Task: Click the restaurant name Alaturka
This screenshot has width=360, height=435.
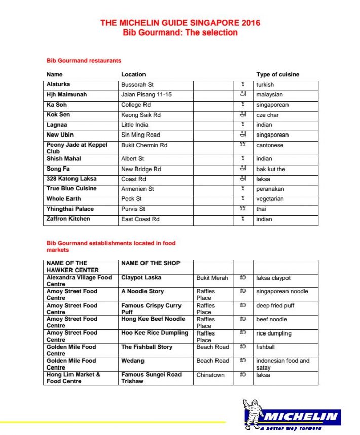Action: pos(58,85)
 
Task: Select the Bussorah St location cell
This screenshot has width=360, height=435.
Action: pos(137,85)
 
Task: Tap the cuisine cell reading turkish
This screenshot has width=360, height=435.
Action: pos(265,85)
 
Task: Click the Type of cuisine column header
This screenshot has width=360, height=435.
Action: pos(277,74)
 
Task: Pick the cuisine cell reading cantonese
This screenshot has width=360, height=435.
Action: pos(270,145)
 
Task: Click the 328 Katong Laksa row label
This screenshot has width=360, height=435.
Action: pos(71,179)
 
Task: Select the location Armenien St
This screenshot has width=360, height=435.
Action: pos(138,189)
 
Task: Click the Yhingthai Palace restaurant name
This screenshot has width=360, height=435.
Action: pos(70,209)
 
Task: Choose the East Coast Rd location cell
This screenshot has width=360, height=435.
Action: pos(140,219)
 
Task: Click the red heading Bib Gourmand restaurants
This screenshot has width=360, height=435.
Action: pos(84,61)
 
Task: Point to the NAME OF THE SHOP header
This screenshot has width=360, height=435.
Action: pos(151,263)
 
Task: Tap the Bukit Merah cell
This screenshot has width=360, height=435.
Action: pos(212,278)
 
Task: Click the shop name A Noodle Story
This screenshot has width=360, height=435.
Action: pos(142,291)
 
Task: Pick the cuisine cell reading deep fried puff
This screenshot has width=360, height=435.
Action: pos(275,306)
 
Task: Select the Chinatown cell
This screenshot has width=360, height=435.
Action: pos(210,375)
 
